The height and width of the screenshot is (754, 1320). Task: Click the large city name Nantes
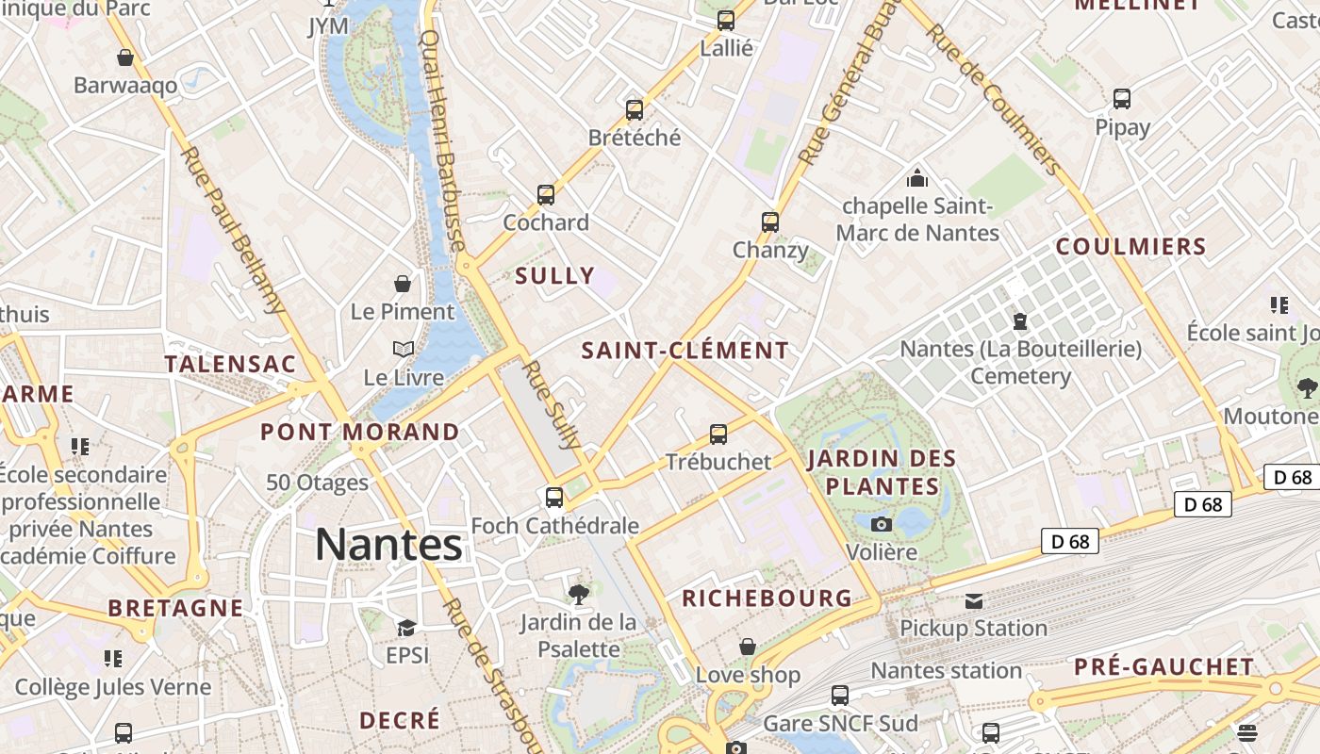pos(388,545)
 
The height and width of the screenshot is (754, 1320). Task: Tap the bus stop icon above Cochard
pos(545,195)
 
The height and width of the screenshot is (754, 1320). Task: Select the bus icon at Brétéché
pos(635,109)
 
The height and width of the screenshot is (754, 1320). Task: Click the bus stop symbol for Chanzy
pos(770,222)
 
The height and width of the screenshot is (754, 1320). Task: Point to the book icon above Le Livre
pos(404,350)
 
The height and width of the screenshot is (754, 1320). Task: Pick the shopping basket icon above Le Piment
pos(403,284)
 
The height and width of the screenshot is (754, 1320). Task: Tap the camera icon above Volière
pos(882,524)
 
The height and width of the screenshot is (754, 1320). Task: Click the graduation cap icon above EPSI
pos(406,628)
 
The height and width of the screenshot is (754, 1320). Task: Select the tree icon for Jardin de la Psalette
pos(578,594)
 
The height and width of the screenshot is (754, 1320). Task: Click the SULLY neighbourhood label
pos(555,276)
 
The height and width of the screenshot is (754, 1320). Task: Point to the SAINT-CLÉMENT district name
pos(685,351)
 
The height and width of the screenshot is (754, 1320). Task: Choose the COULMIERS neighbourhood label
pos(1130,247)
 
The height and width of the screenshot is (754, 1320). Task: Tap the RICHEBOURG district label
pos(767,598)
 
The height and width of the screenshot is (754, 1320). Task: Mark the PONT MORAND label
pos(360,433)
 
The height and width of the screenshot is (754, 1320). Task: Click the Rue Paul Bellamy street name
pos(232,229)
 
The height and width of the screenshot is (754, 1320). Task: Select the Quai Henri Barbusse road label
pos(442,141)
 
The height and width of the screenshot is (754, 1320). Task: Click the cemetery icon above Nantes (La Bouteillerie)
pos(1019,321)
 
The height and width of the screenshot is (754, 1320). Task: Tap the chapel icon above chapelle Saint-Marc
pos(916,177)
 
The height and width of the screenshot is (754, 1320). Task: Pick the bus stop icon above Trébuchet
pos(718,434)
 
